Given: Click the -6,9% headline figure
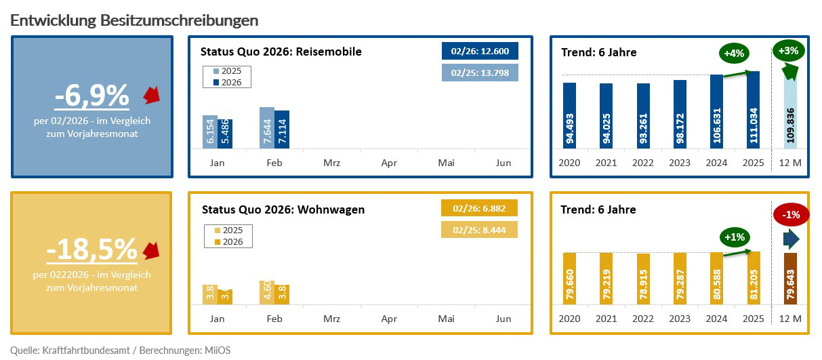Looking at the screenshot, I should click(x=91, y=96).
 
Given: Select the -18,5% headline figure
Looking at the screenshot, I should click(x=91, y=250).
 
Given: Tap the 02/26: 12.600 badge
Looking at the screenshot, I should click(x=480, y=51).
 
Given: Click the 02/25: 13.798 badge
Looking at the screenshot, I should click(x=480, y=73).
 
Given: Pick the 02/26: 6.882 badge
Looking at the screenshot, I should click(x=480, y=208).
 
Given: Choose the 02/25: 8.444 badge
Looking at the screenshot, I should click(x=480, y=230).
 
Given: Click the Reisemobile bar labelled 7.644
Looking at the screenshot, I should click(x=267, y=127).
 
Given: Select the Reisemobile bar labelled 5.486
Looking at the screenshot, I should click(x=224, y=134).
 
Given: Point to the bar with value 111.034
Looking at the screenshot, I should click(x=754, y=109).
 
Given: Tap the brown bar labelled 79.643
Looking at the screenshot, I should click(x=790, y=279).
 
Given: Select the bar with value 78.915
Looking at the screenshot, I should click(x=643, y=279).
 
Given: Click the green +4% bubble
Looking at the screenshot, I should click(x=735, y=53).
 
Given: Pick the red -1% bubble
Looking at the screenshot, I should click(x=790, y=215).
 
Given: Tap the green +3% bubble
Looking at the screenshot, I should click(x=788, y=50).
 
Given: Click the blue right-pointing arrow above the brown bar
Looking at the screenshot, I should click(x=791, y=239).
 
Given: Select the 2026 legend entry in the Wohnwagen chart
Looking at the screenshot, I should click(x=228, y=241).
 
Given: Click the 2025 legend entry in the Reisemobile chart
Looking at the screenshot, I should click(x=227, y=71).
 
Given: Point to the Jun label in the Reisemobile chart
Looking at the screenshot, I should click(x=504, y=163).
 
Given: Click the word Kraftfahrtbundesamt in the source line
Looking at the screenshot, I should click(x=83, y=350).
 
